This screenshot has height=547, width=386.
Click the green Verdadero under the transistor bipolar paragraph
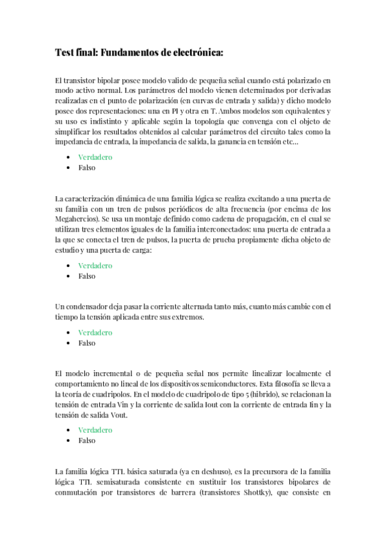tap(95, 157)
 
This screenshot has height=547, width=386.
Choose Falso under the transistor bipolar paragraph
tap(86, 168)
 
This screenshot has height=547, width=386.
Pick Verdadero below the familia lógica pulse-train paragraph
tap(95, 265)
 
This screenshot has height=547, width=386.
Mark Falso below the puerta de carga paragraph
tap(86, 276)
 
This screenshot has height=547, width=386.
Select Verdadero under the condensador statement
tap(95, 332)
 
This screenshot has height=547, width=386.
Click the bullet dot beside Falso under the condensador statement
tap(68, 343)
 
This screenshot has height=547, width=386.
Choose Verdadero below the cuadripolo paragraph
tap(95, 430)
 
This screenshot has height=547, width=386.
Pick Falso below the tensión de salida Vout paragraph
tap(86, 441)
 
